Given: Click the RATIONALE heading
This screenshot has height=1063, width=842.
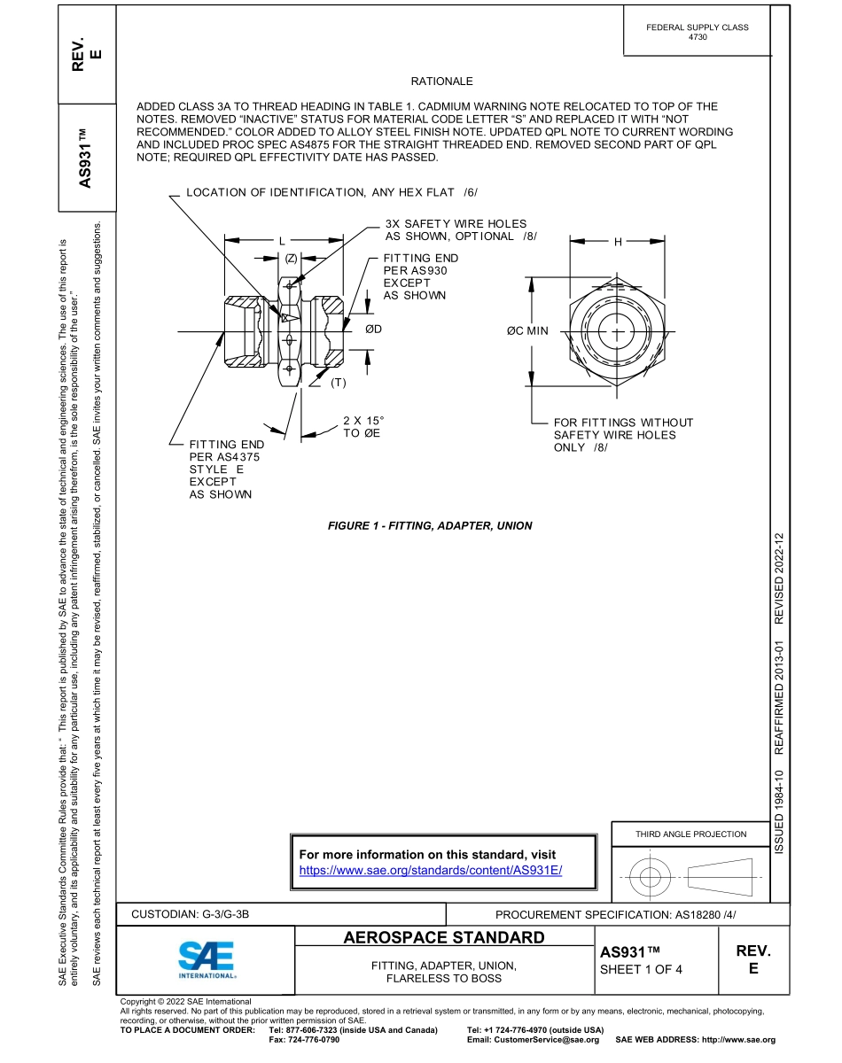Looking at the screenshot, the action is pyautogui.click(x=441, y=81).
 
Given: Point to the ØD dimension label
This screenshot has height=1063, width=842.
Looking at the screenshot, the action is pyautogui.click(x=373, y=330).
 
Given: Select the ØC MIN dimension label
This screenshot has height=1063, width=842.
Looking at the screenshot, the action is pyautogui.click(x=527, y=331).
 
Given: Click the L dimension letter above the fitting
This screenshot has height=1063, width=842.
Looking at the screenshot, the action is pyautogui.click(x=282, y=240).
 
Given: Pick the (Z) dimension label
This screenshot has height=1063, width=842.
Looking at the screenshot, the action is pyautogui.click(x=291, y=258).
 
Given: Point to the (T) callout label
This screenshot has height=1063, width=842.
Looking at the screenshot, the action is pyautogui.click(x=339, y=383).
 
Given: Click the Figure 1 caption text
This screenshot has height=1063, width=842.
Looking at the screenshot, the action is pyautogui.click(x=430, y=525).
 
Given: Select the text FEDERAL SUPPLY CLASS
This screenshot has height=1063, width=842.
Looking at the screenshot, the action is pyautogui.click(x=698, y=27).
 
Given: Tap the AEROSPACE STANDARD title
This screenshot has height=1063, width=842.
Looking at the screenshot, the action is pyautogui.click(x=443, y=937).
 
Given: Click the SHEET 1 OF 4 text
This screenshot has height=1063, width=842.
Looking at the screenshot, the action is pyautogui.click(x=642, y=968).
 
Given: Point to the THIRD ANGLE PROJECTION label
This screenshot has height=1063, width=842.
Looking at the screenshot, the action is pyautogui.click(x=690, y=834).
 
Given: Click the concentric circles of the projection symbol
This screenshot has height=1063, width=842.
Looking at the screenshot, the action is pyautogui.click(x=651, y=877).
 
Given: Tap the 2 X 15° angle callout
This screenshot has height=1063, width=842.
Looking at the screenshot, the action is pyautogui.click(x=363, y=427).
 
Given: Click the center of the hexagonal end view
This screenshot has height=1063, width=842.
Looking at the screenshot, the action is pyautogui.click(x=617, y=331).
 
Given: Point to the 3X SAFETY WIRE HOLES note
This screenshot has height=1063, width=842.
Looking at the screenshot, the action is pyautogui.click(x=456, y=230).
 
